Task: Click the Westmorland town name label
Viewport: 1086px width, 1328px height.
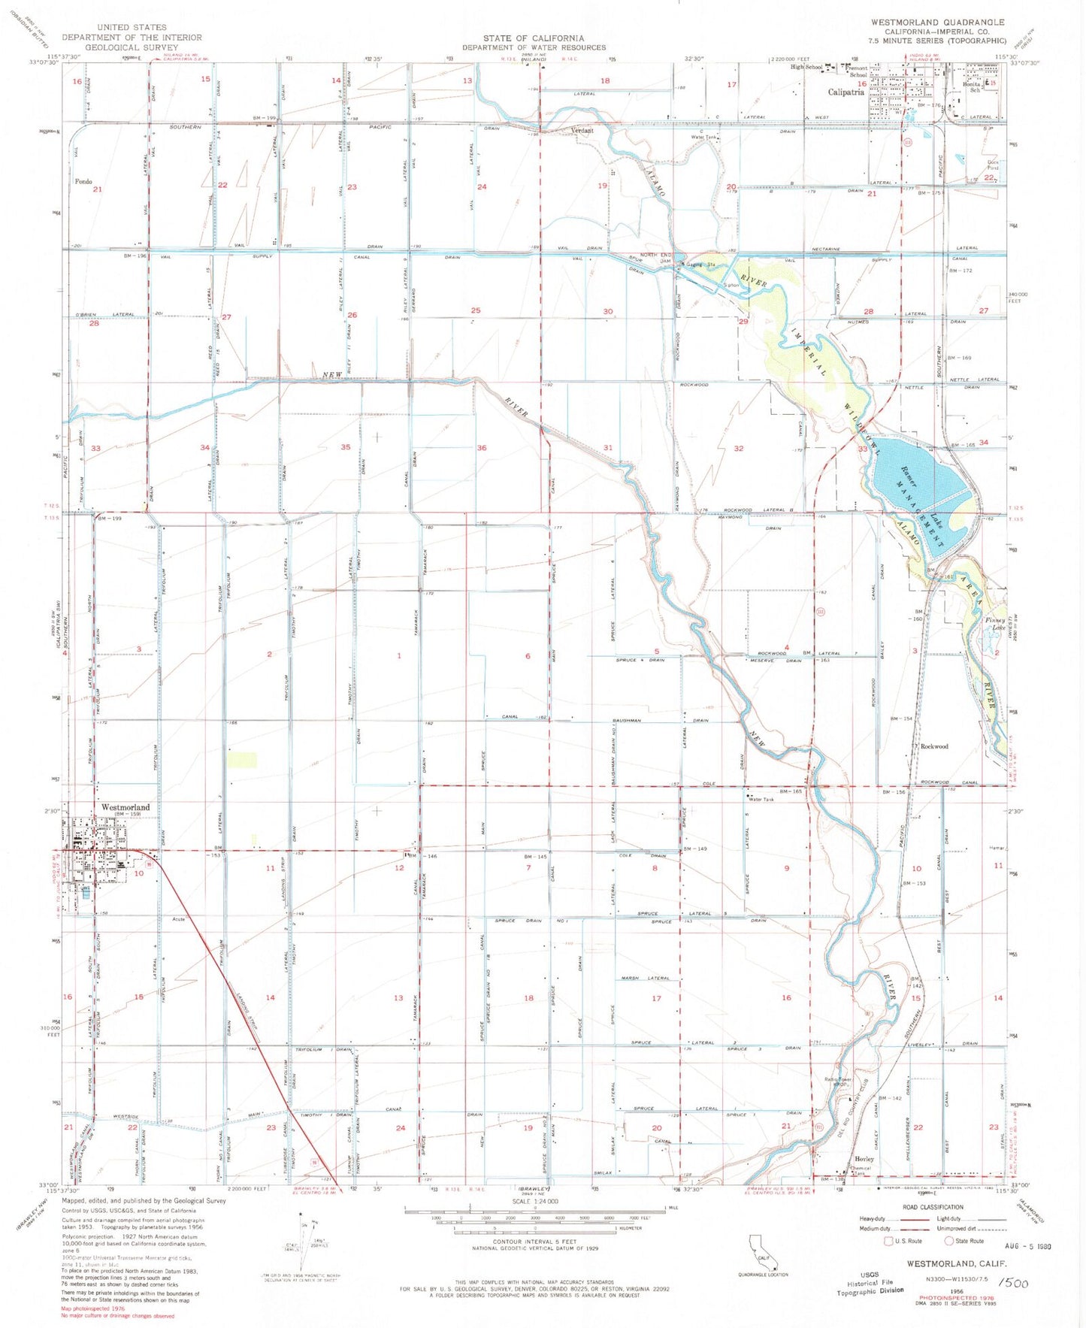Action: click(x=126, y=807)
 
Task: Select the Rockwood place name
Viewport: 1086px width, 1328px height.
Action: click(x=934, y=746)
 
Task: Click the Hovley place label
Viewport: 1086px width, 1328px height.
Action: click(x=864, y=1159)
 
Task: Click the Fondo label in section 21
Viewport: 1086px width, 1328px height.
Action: click(x=83, y=182)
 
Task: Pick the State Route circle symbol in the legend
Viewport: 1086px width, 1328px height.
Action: click(x=949, y=1241)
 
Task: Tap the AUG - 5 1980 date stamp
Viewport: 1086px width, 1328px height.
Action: click(x=1024, y=1246)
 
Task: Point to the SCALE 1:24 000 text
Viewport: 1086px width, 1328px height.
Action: click(x=534, y=1201)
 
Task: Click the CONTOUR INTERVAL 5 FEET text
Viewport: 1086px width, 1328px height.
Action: click(x=534, y=1242)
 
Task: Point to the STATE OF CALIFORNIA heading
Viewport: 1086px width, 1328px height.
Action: click(x=534, y=38)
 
